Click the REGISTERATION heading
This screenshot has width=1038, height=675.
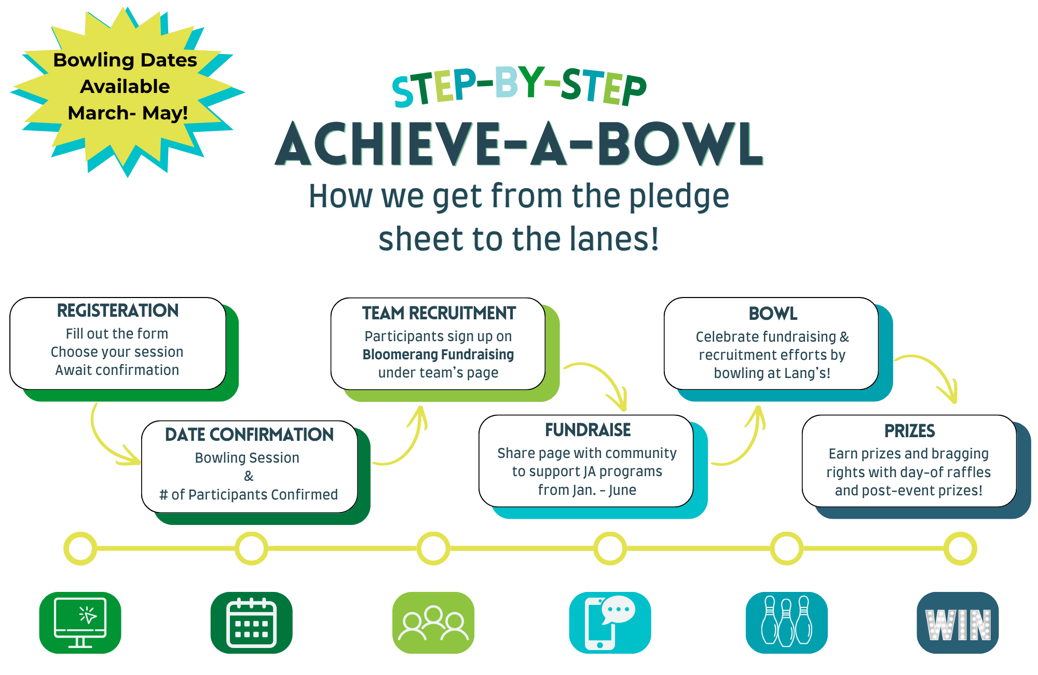(x=118, y=310)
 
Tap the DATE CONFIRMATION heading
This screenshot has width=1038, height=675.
(x=249, y=435)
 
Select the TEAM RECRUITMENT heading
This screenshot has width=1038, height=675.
(x=439, y=313)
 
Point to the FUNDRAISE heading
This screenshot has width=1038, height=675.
(x=588, y=430)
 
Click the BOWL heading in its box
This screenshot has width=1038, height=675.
(x=773, y=314)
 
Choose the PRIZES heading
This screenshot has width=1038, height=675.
(x=910, y=431)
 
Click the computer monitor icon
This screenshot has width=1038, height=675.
(x=80, y=623)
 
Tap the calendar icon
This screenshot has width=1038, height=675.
(x=252, y=623)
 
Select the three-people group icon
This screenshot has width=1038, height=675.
(x=433, y=623)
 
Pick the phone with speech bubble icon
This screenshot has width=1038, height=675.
(x=610, y=623)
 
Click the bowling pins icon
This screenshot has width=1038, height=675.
(x=787, y=623)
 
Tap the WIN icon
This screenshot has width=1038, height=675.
(x=958, y=623)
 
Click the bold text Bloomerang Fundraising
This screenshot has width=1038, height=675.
(x=438, y=355)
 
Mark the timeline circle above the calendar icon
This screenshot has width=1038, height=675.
(x=252, y=548)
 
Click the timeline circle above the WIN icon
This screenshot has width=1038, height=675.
(x=960, y=548)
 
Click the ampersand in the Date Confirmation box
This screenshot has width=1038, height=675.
(x=249, y=476)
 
